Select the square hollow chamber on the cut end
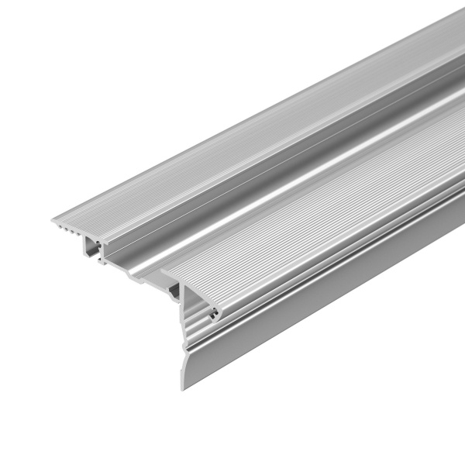point(93,248)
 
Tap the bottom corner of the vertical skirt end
point(182,388)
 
